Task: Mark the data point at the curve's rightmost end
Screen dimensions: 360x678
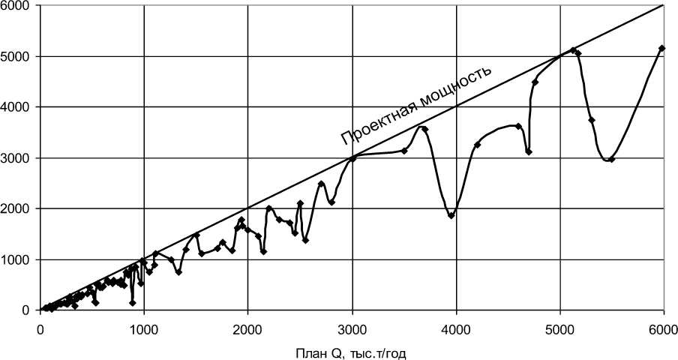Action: pos(661,49)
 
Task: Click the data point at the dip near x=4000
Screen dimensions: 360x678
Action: pos(451,215)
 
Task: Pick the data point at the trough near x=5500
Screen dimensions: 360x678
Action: pos(612,159)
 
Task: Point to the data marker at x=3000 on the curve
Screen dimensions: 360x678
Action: pos(352,158)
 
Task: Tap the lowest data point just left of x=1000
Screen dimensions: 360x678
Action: pos(133,302)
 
